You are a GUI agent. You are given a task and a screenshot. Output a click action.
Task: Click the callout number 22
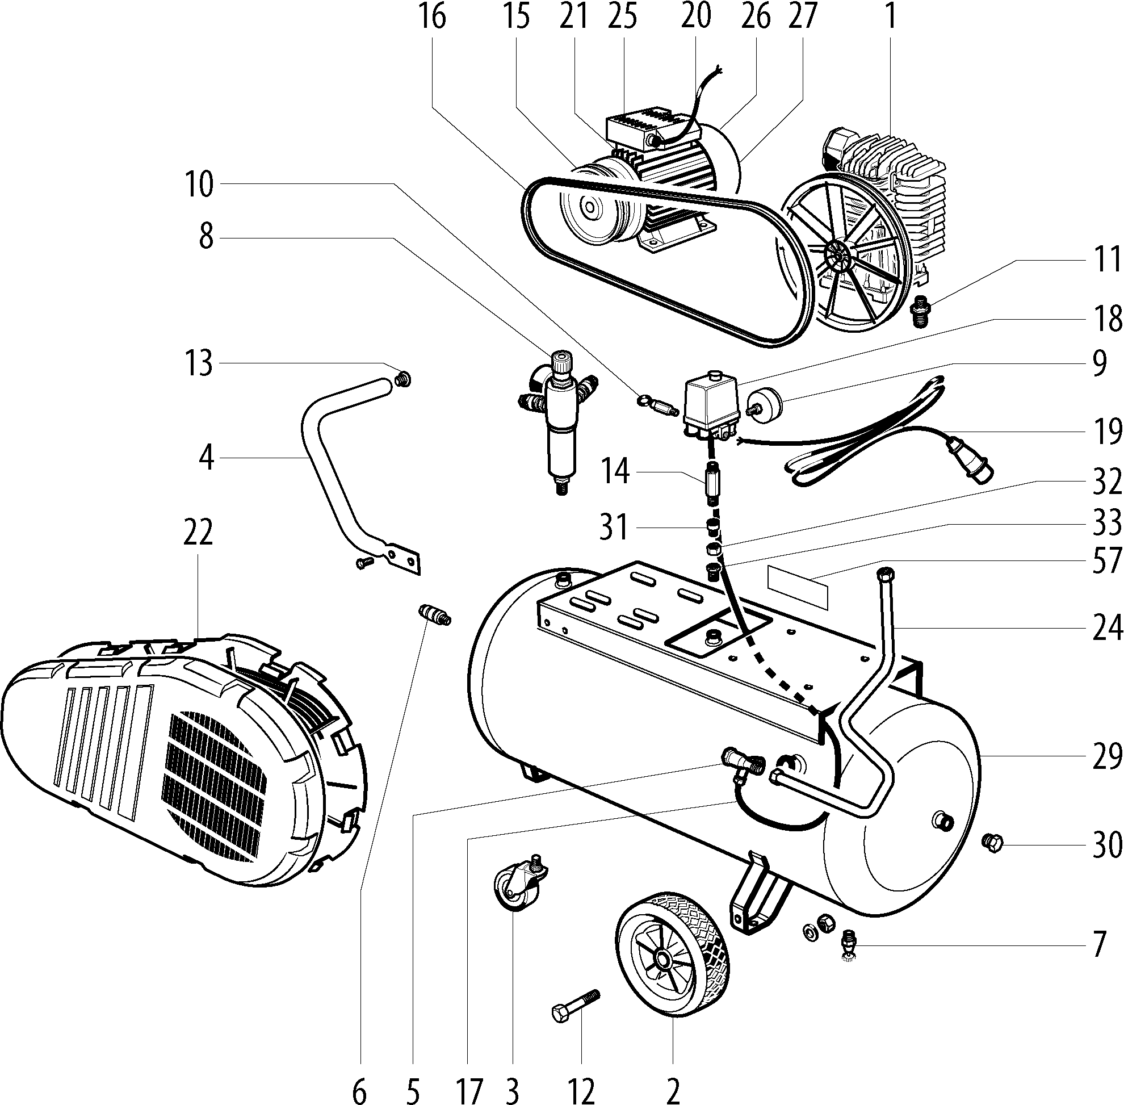click(198, 532)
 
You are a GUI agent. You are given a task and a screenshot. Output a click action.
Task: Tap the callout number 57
click(1106, 561)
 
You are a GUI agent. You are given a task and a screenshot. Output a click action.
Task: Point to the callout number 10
click(200, 185)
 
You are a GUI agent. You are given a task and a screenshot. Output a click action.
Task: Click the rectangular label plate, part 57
click(798, 587)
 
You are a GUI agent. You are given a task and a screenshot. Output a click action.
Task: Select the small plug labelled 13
click(401, 380)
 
